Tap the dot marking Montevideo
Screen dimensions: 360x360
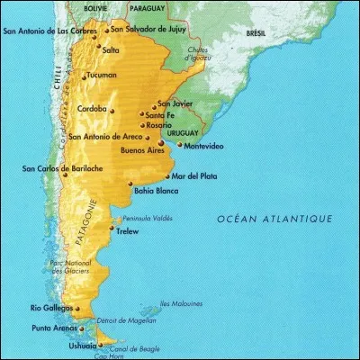pyautogui.click(x=180, y=144)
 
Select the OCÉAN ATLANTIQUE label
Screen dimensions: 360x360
pyautogui.click(x=274, y=219)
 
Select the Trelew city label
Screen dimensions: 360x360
pyautogui.click(x=130, y=230)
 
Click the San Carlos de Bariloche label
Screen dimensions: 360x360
pyautogui.click(x=59, y=167)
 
